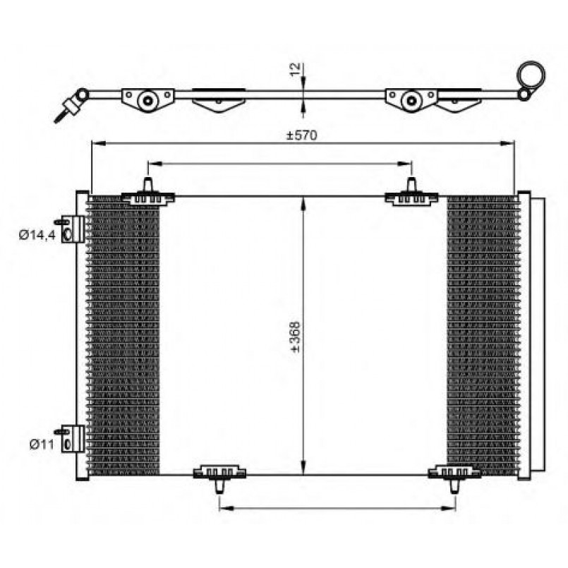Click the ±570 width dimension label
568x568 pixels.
point(302,135)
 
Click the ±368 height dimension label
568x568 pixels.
point(296,337)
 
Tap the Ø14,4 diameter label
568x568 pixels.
point(37,235)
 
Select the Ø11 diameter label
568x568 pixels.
point(42,444)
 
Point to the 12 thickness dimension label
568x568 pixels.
point(296,69)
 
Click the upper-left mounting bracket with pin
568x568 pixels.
point(147,193)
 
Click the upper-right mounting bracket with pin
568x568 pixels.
point(411,193)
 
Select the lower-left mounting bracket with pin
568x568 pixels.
point(219,478)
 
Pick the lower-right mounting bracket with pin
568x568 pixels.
point(454,478)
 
